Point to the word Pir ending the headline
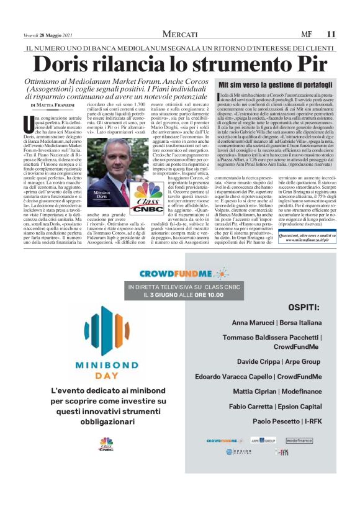308,65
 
